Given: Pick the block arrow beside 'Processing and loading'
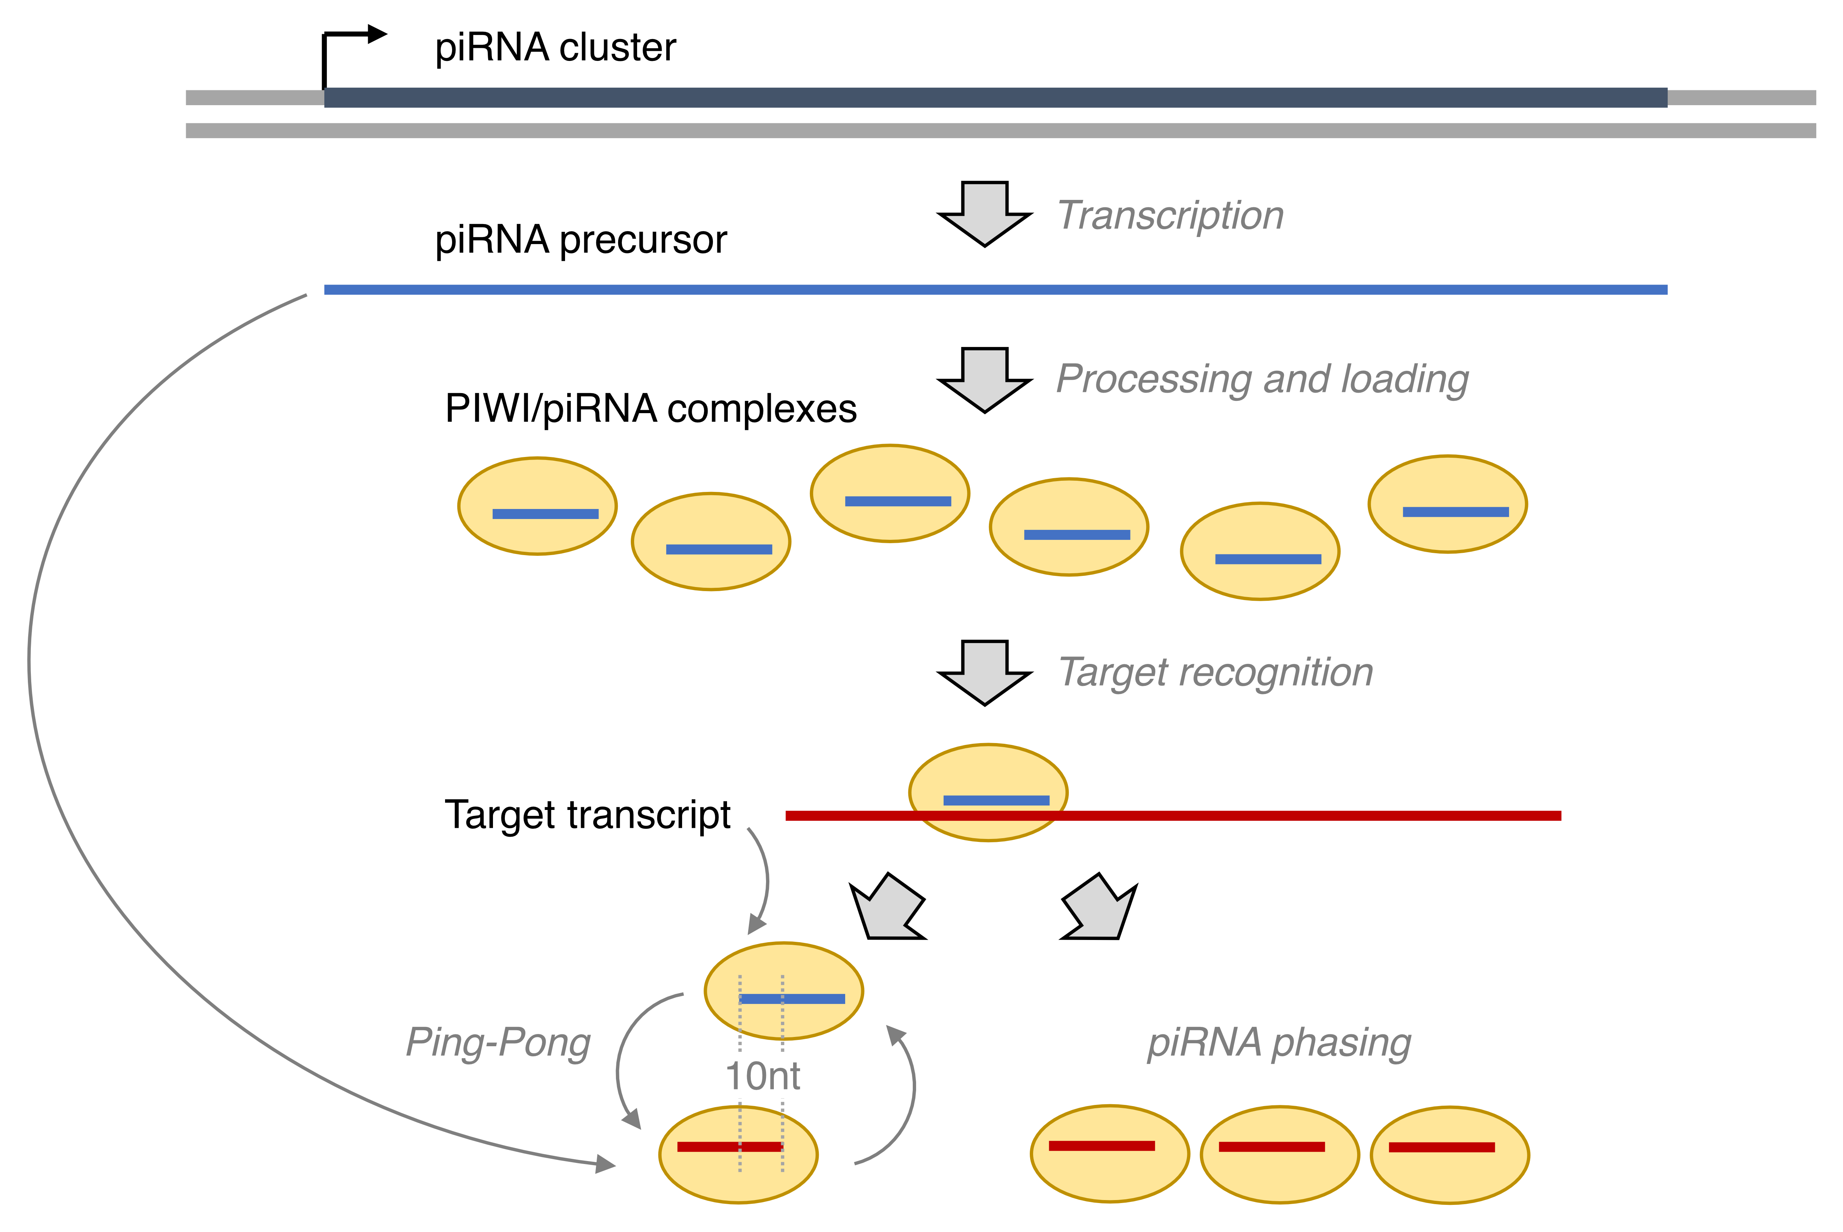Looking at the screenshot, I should (x=984, y=379).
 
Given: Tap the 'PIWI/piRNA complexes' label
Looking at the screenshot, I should (x=650, y=409).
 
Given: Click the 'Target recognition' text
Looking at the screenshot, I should (x=1215, y=672).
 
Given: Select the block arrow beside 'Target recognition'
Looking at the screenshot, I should (x=984, y=672).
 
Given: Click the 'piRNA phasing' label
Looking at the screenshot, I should (x=1279, y=1043).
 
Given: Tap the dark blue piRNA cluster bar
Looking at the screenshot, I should (x=995, y=97).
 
